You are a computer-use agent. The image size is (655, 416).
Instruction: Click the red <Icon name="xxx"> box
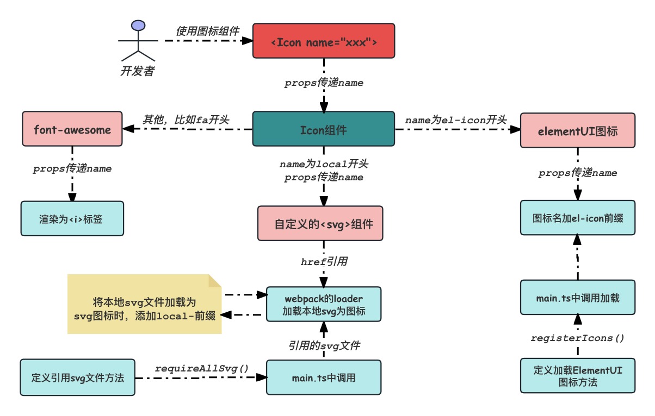pos(324,41)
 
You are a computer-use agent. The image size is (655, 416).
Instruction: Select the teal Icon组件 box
pos(324,129)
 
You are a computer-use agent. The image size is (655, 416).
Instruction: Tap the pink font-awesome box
pos(72,129)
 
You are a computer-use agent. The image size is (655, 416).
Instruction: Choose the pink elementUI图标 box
pos(577,130)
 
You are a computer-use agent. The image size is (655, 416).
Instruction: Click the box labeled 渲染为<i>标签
pos(72,218)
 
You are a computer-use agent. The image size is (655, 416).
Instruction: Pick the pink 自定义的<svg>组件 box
pos(324,223)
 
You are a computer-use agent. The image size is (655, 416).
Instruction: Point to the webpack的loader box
pos(324,304)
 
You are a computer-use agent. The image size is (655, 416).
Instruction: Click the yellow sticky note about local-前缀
pos(145,304)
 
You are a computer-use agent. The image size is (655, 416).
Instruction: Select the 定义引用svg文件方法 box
pos(77,377)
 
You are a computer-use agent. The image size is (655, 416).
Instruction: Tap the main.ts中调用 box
pos(324,377)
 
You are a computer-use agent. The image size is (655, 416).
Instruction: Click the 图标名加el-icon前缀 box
pos(577,218)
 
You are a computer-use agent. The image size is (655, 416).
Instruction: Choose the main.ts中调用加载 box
pos(577,297)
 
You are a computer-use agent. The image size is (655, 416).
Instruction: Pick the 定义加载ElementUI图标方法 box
pos(577,375)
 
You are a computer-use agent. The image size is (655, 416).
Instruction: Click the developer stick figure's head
pos(138,26)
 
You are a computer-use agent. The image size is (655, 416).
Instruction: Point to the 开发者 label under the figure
pos(137,71)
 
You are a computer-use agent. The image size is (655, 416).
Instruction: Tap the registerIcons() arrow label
pos(577,338)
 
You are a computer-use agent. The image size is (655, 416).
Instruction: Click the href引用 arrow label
pos(324,262)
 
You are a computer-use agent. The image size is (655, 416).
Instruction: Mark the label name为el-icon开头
pos(456,119)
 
